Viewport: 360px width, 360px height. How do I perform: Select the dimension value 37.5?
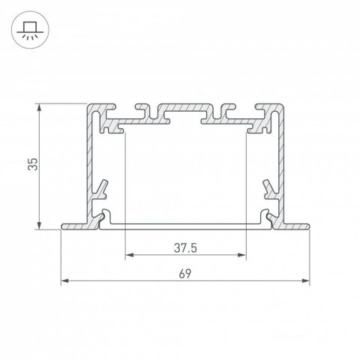click(184, 246)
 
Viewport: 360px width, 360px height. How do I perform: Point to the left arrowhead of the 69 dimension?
click(63, 281)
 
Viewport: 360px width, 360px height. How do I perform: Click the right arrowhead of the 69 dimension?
click(306, 281)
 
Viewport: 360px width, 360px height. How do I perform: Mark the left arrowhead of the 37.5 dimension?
click(127, 256)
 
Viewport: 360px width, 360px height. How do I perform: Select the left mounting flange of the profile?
click(75, 225)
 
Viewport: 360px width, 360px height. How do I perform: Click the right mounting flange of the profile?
click(295, 225)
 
